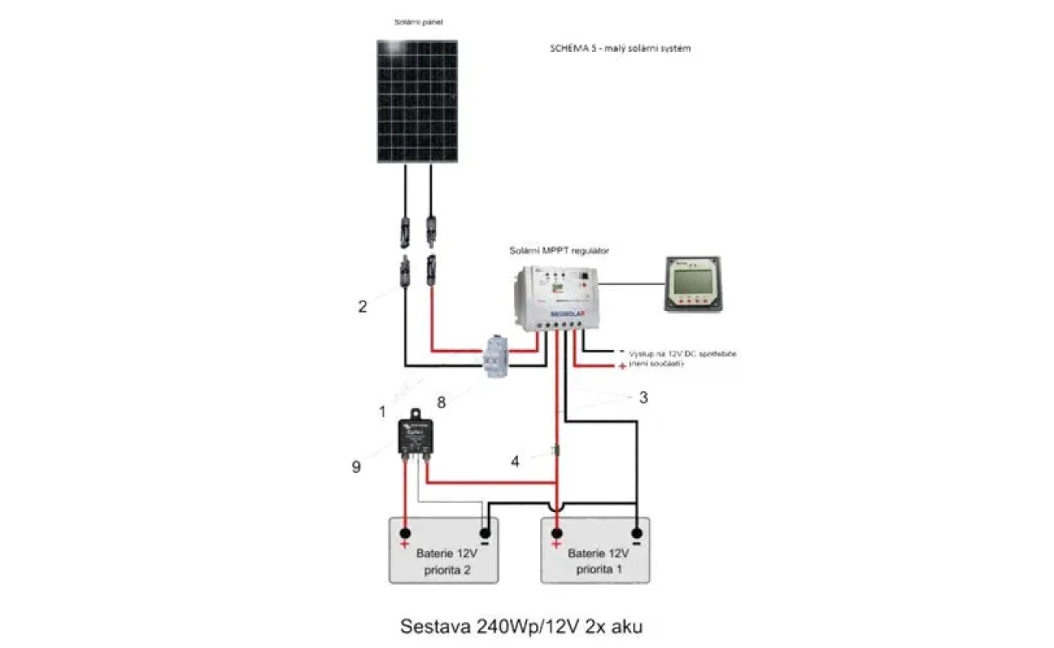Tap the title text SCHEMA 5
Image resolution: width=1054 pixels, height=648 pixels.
click(619, 49)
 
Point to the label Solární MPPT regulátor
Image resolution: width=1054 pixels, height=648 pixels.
click(559, 251)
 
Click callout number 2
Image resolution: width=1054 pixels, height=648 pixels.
click(362, 307)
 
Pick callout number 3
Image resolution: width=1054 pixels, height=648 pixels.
click(643, 398)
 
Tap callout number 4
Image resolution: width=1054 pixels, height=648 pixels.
click(515, 463)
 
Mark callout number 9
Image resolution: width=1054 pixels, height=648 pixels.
click(356, 467)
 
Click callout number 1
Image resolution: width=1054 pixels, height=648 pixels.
click(382, 411)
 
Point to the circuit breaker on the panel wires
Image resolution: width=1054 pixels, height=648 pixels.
click(493, 356)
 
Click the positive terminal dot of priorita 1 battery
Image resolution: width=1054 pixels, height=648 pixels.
click(556, 532)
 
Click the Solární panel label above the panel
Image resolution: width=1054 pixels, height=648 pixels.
click(415, 22)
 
